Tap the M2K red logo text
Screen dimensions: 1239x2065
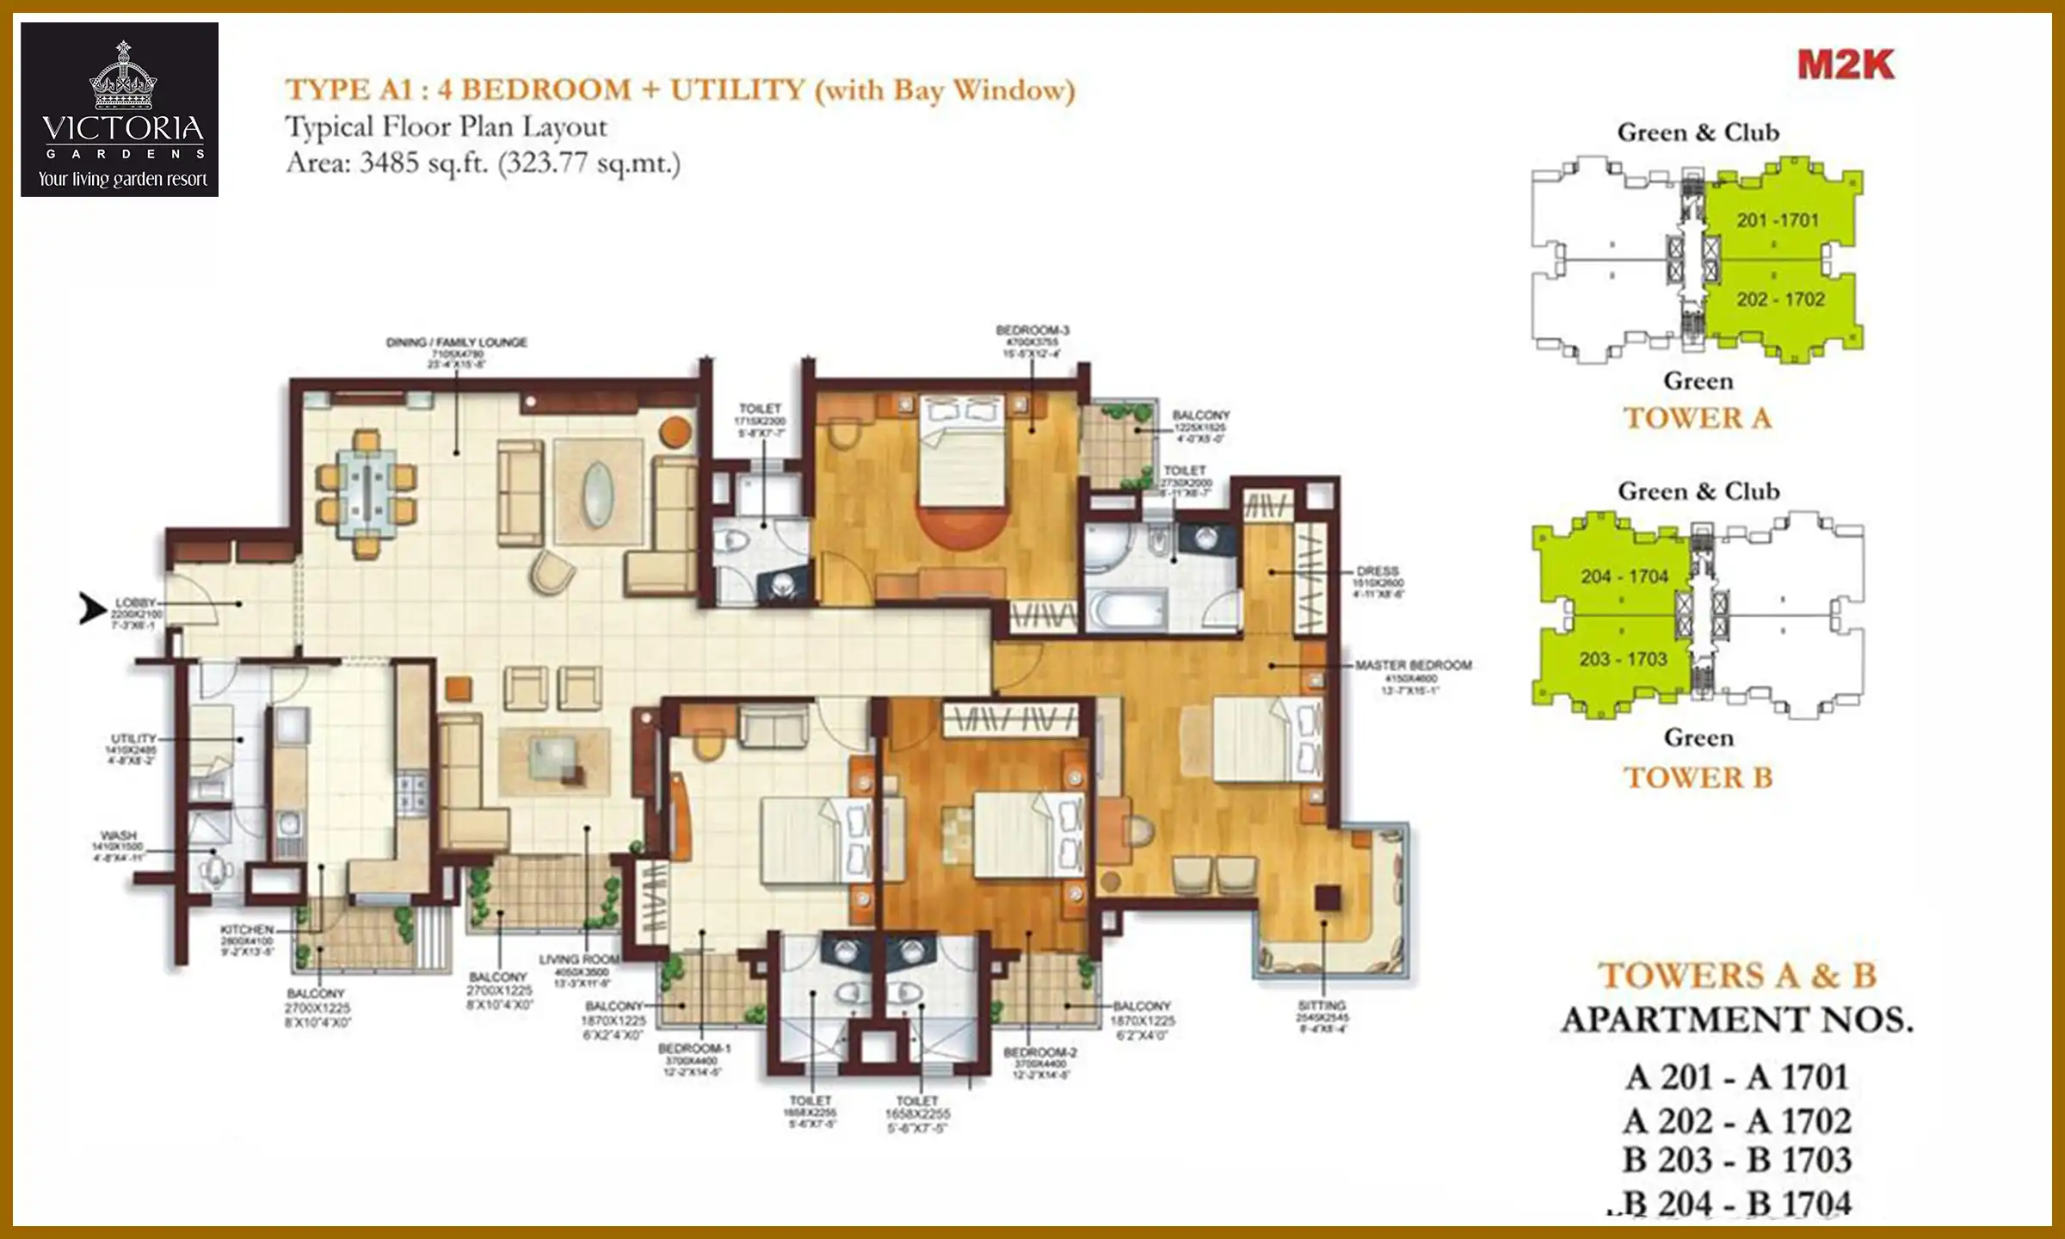coord(1846,65)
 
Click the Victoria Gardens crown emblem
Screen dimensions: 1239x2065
coord(123,78)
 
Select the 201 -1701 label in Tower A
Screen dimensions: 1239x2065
coord(1778,220)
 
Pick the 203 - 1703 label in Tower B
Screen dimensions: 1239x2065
coord(1623,659)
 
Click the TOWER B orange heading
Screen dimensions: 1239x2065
coord(1698,778)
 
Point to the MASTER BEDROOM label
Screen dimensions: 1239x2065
coord(1413,665)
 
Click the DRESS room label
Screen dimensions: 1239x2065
coord(1378,570)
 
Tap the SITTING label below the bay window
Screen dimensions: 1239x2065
coord(1322,1005)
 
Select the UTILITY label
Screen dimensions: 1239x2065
coord(133,738)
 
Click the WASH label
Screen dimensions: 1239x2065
coord(119,835)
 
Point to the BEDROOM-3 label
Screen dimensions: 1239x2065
coord(1032,330)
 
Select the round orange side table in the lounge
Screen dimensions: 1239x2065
coord(676,431)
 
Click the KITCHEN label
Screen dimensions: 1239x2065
coord(247,930)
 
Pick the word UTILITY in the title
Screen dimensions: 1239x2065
coord(737,89)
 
